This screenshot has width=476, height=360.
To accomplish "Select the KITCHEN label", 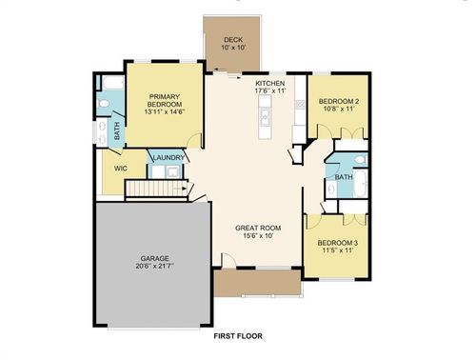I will (x=270, y=85).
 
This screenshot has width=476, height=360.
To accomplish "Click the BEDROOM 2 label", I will (x=337, y=101).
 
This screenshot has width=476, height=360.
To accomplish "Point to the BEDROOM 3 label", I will (x=339, y=243).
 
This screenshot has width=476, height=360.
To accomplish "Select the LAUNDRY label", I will (x=169, y=158).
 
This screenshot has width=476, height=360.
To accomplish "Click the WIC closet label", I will (x=121, y=169).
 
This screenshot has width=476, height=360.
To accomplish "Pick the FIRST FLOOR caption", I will (x=238, y=336).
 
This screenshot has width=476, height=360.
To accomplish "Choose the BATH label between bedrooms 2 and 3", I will (x=344, y=176).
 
